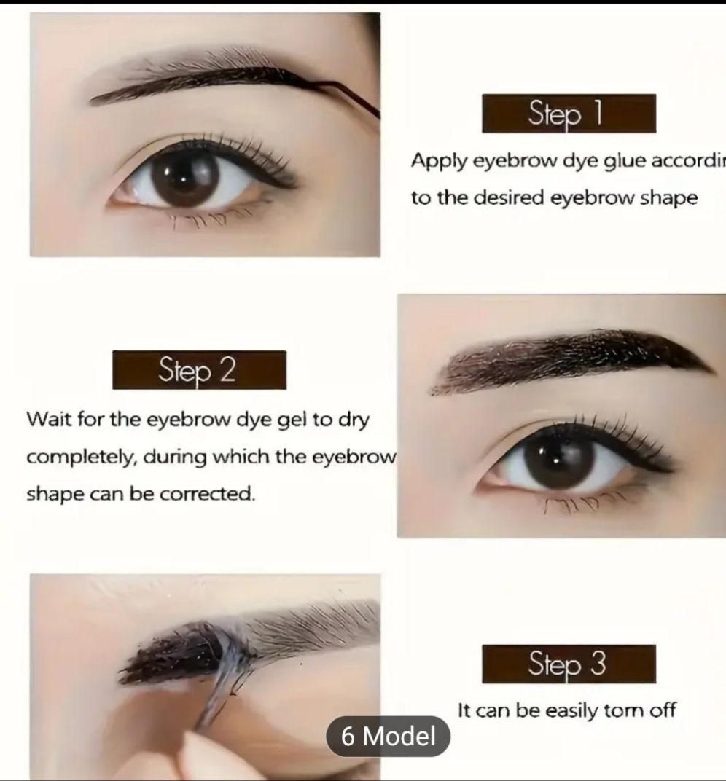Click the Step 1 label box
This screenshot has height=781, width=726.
[569, 114]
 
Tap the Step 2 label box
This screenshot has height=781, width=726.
[199, 370]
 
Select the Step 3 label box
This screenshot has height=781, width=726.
[569, 664]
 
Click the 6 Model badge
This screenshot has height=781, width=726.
[388, 736]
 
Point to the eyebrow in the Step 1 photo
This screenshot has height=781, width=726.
[211, 80]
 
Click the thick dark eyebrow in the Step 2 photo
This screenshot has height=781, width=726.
[569, 357]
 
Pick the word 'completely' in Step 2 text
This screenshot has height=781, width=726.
[81, 458]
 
